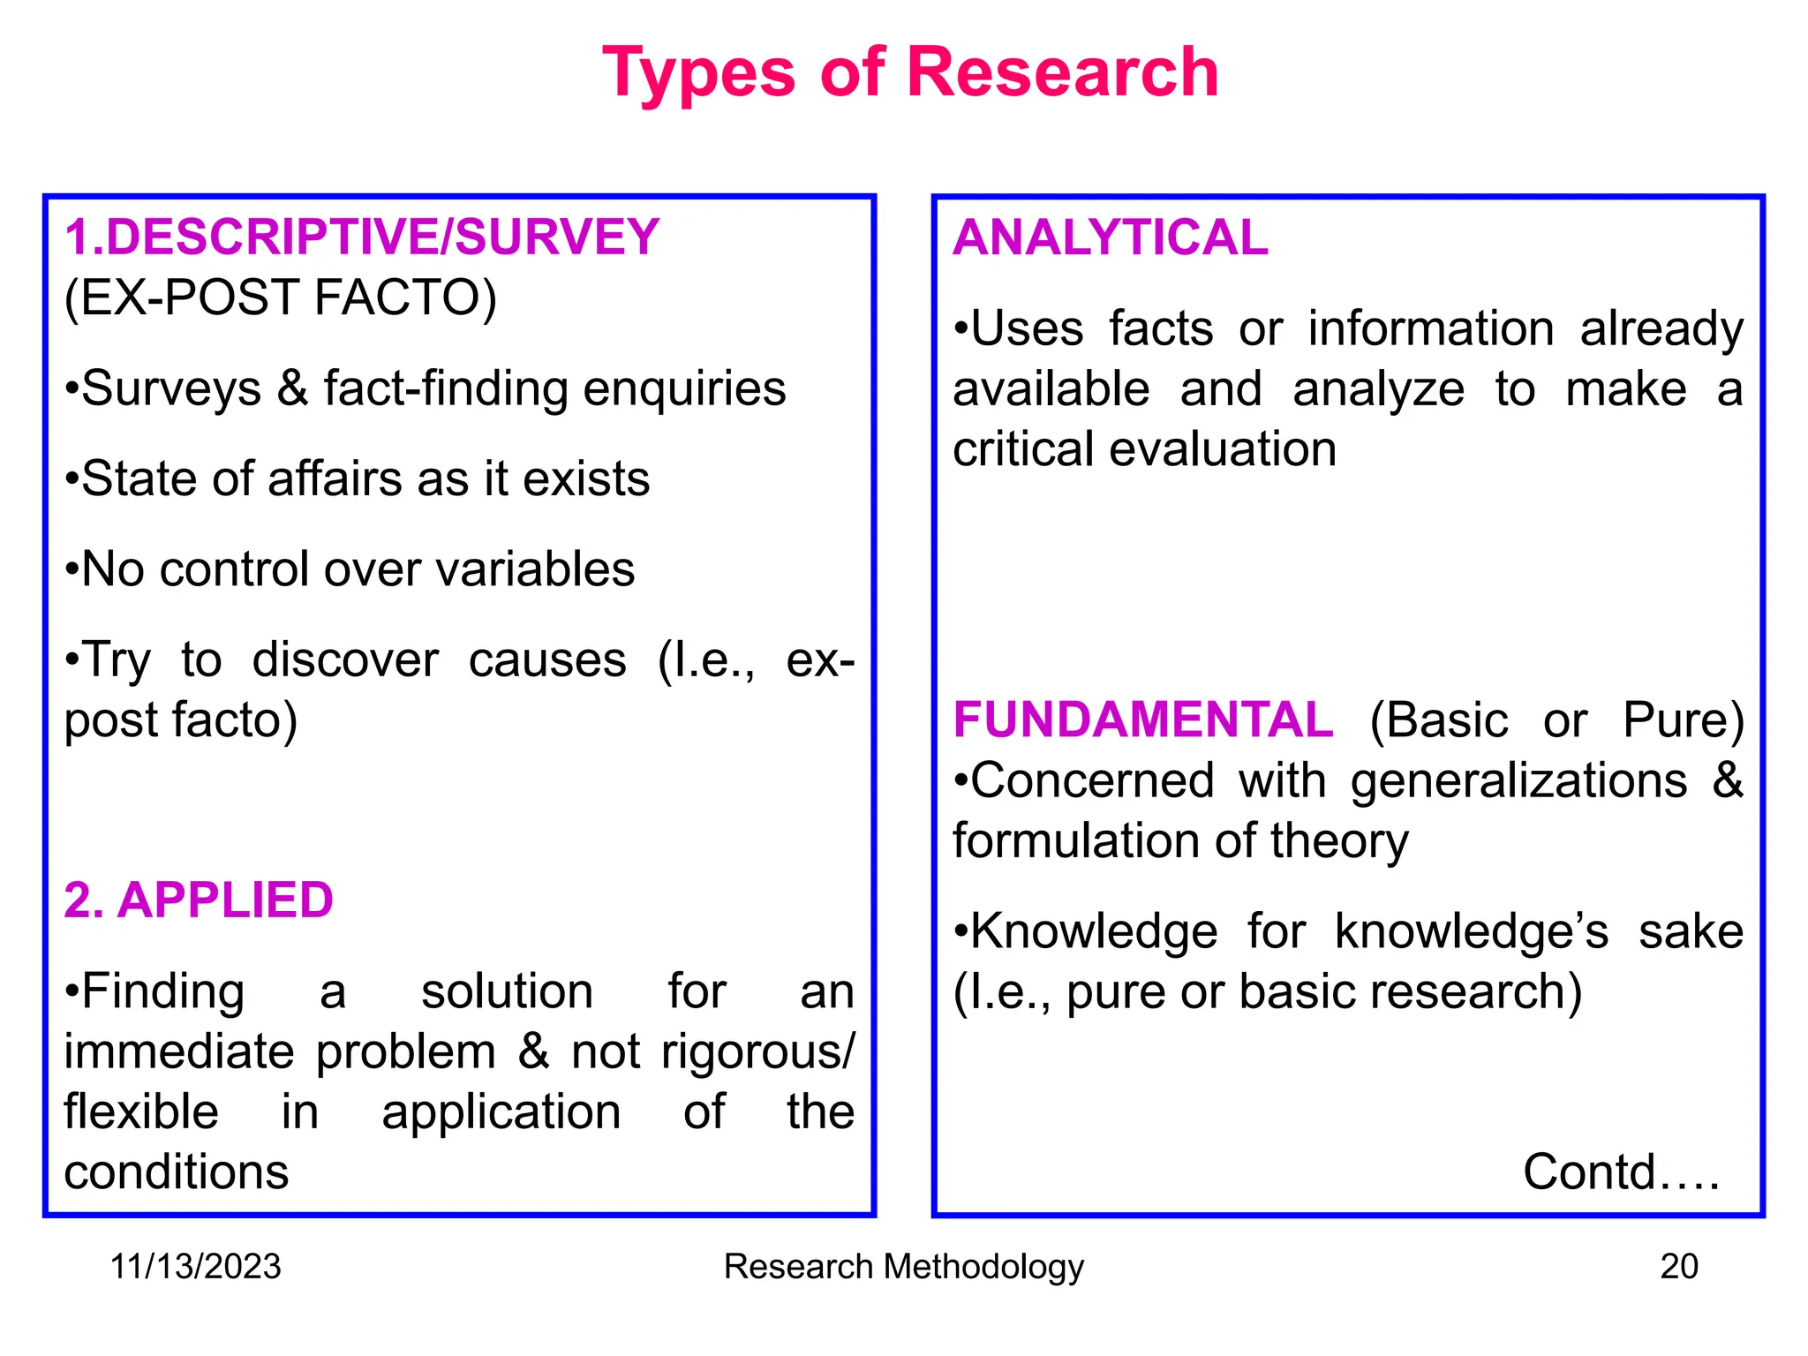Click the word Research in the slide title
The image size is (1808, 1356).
[1062, 72]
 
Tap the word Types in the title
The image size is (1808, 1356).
[699, 74]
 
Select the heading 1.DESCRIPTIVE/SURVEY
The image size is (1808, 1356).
[362, 237]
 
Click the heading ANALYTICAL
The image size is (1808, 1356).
[1111, 237]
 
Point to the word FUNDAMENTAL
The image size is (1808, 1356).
[1143, 719]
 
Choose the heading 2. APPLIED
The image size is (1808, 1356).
[199, 900]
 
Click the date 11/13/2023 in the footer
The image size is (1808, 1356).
[195, 1267]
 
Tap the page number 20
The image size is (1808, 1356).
[1678, 1267]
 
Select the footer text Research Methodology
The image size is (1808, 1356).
[903, 1267]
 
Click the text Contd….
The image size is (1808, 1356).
[1621, 1172]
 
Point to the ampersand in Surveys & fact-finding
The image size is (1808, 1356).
[292, 389]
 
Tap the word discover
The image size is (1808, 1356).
[345, 660]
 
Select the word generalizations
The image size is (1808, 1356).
[1518, 781]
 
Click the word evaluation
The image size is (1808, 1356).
[1223, 449]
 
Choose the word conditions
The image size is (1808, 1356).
[177, 1172]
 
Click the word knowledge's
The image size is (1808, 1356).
[1472, 932]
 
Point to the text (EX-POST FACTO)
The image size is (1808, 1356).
[281, 298]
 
